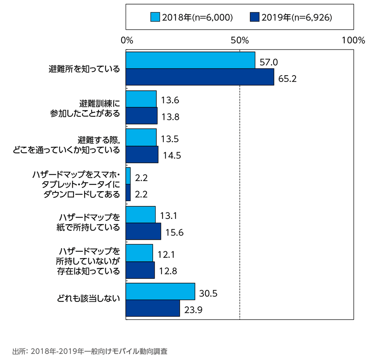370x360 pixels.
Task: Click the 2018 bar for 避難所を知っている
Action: coord(190,60)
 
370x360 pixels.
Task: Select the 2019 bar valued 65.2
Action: coord(200,77)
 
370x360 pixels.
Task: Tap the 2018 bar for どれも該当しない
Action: coord(160,292)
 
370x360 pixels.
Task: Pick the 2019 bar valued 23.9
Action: coord(153,308)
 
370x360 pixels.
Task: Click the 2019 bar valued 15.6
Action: coord(143,231)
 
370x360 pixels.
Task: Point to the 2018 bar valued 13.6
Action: coord(141,99)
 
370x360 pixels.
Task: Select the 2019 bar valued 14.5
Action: coord(142,154)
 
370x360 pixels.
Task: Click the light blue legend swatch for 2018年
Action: coord(155,17)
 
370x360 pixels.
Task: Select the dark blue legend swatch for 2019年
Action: coord(254,17)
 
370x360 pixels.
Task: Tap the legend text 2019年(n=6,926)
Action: coord(296,17)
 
